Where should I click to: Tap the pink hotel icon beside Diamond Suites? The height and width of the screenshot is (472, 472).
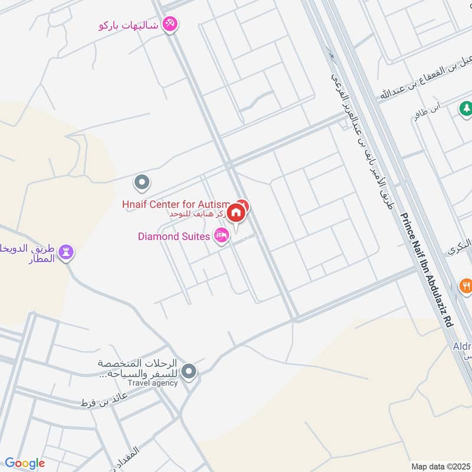click(222, 236)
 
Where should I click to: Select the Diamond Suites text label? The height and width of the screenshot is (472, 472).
click(174, 237)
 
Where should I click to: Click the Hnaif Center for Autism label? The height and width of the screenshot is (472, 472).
click(175, 204)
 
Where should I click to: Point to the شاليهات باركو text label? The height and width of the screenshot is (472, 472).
click(129, 25)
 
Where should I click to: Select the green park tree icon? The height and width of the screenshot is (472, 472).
click(466, 109)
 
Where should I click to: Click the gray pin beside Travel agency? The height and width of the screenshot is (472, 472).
click(189, 372)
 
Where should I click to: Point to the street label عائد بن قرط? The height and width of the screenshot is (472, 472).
click(97, 402)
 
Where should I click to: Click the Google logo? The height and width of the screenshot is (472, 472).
click(25, 463)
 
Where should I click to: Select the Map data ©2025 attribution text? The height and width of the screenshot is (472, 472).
click(440, 466)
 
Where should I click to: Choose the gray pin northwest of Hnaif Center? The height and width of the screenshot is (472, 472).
click(141, 183)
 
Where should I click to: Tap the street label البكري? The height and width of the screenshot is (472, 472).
click(460, 246)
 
